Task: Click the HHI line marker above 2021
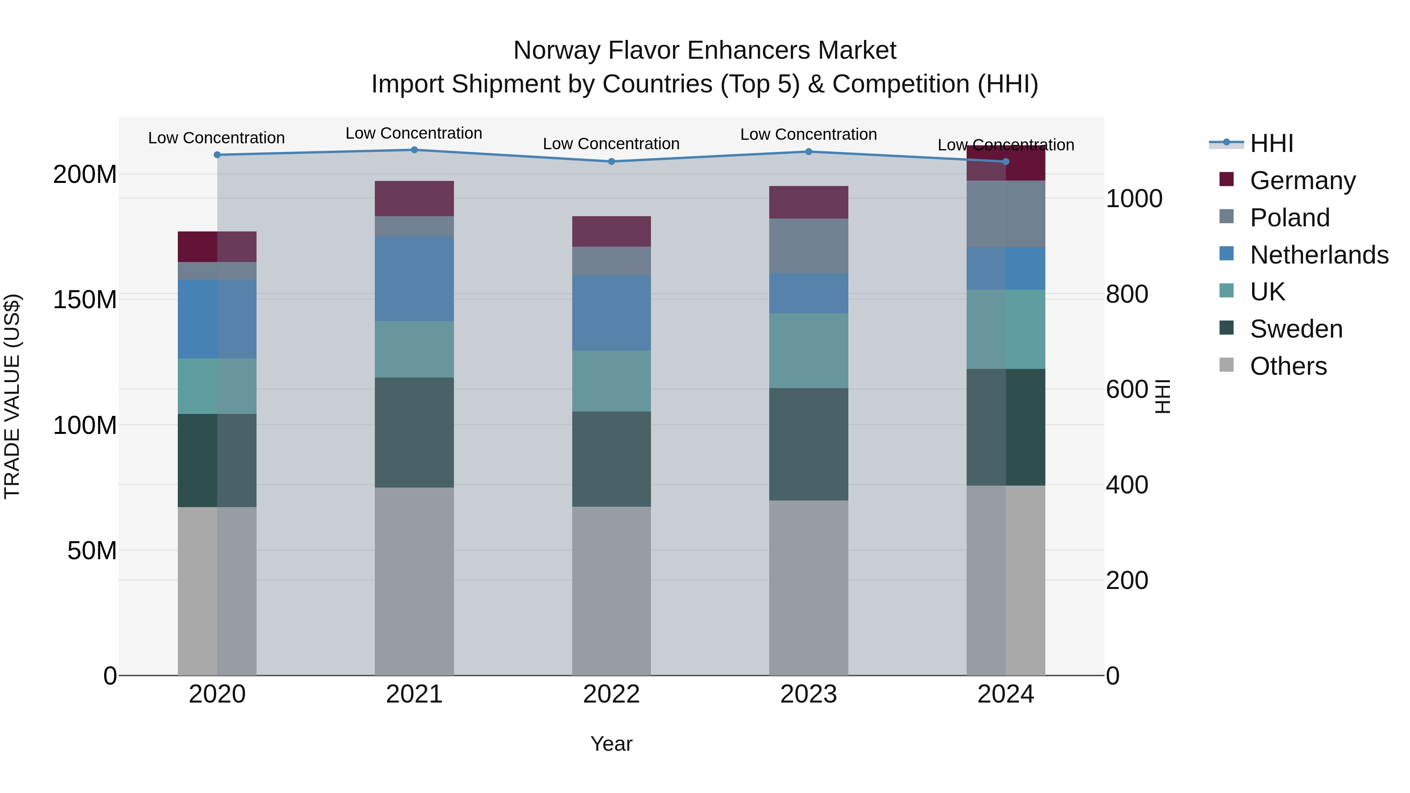(x=414, y=150)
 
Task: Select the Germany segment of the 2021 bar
(x=414, y=198)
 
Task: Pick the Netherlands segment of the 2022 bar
(x=611, y=313)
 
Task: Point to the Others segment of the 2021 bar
(x=414, y=581)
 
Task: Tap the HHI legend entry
(x=1271, y=143)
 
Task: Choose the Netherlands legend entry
(x=1319, y=255)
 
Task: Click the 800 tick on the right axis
(x=1126, y=294)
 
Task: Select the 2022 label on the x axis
(x=611, y=694)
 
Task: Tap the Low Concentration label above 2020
(x=216, y=138)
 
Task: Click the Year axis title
(x=611, y=744)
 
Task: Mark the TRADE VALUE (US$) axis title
(x=12, y=396)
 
